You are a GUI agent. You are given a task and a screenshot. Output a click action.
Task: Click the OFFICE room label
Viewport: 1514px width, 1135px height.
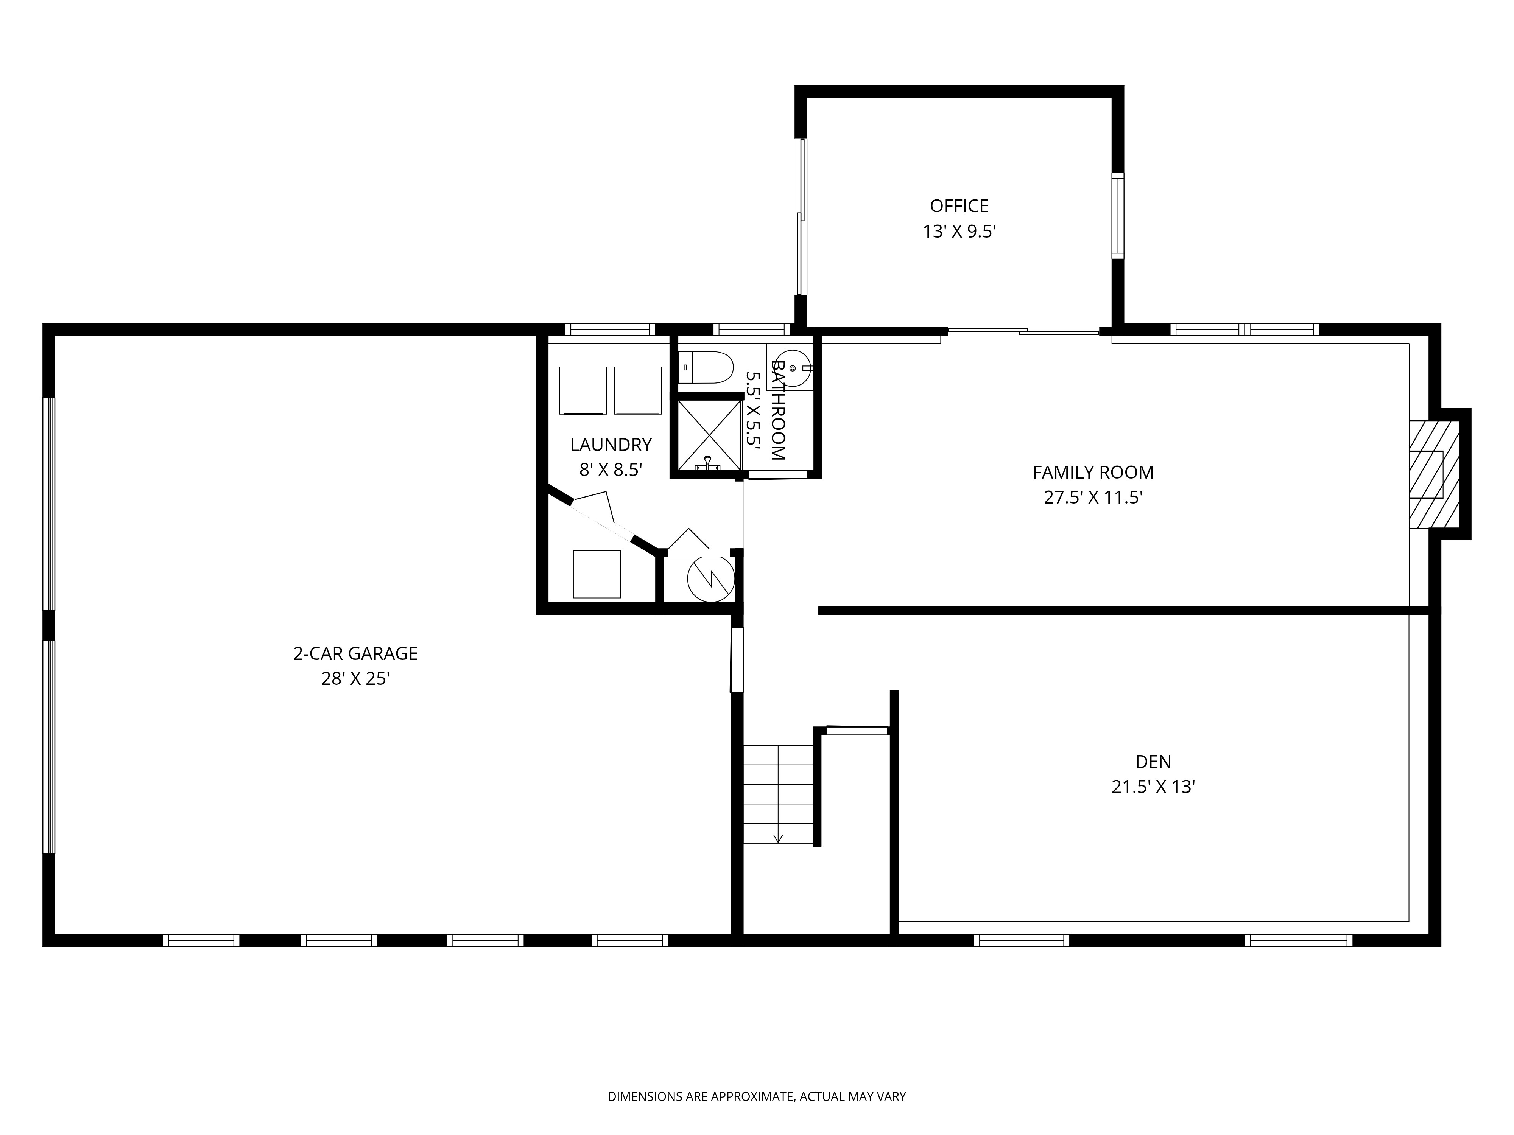click(x=958, y=206)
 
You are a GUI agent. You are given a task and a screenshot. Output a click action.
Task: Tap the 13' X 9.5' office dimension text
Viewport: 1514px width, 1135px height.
click(x=958, y=232)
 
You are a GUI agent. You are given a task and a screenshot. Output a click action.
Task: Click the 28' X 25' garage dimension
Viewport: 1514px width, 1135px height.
click(x=355, y=679)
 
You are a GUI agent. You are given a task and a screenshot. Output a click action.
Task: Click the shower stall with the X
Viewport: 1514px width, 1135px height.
click(x=709, y=435)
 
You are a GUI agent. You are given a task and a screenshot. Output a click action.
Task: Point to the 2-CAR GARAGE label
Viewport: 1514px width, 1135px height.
click(x=355, y=653)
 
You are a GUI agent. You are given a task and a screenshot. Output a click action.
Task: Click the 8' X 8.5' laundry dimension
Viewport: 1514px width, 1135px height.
click(x=611, y=470)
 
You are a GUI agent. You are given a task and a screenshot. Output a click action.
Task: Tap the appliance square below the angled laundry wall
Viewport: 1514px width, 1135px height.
click(x=596, y=574)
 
